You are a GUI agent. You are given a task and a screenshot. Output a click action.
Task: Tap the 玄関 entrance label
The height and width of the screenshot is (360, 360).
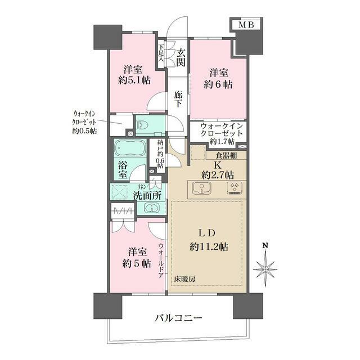tap(180, 58)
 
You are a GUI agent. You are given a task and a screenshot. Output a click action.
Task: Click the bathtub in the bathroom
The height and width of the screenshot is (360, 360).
tap(129, 150)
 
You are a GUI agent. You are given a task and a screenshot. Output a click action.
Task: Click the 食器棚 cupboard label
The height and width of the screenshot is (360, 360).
tap(226, 155)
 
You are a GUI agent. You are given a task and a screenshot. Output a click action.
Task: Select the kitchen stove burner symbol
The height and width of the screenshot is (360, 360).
tap(233, 187)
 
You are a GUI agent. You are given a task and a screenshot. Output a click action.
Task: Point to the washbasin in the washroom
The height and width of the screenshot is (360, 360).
tap(150, 209)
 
